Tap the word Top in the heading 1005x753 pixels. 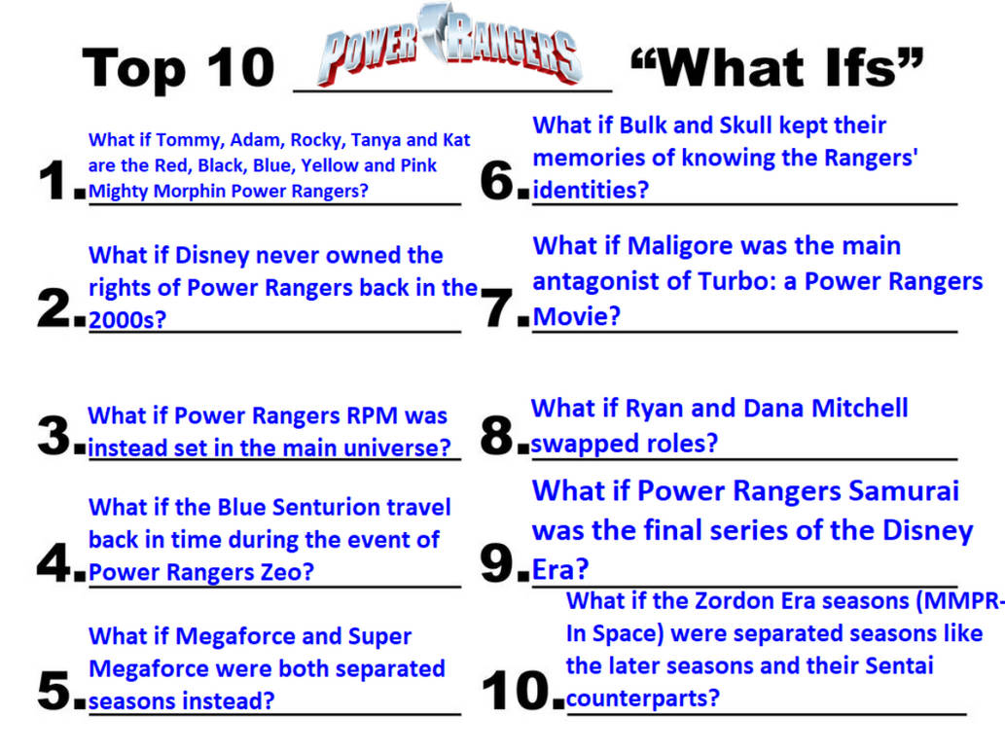[130, 68]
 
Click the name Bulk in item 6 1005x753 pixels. [650, 125]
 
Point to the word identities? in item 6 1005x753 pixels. [590, 190]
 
